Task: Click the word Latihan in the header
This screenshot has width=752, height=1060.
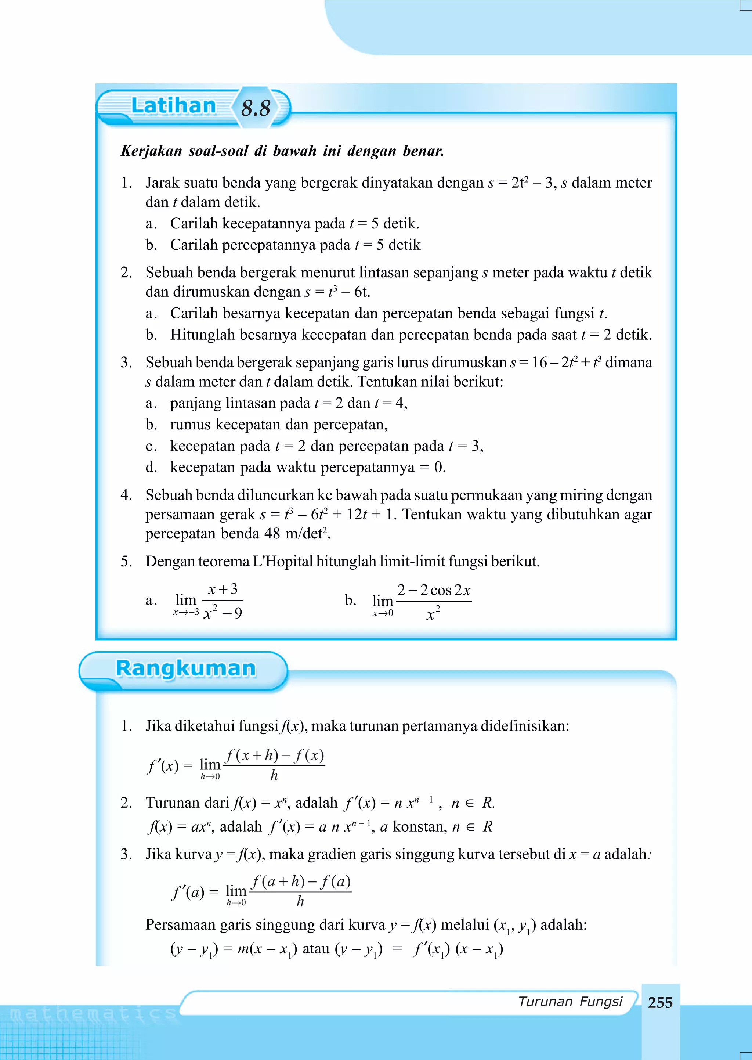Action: (x=174, y=106)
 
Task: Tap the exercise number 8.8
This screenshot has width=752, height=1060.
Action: (x=256, y=108)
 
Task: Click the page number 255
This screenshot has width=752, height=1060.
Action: (x=660, y=1003)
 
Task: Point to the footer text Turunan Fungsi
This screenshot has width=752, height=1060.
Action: (x=570, y=1001)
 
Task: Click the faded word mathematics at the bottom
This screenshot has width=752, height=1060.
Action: (x=93, y=1014)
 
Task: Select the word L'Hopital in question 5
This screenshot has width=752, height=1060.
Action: (x=282, y=561)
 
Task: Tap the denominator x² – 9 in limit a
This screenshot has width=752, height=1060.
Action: (x=223, y=613)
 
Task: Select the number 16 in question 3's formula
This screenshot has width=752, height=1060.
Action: (x=539, y=362)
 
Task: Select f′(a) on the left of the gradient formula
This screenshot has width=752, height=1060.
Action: (x=188, y=891)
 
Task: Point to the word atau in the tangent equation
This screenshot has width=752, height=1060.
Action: (x=316, y=948)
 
